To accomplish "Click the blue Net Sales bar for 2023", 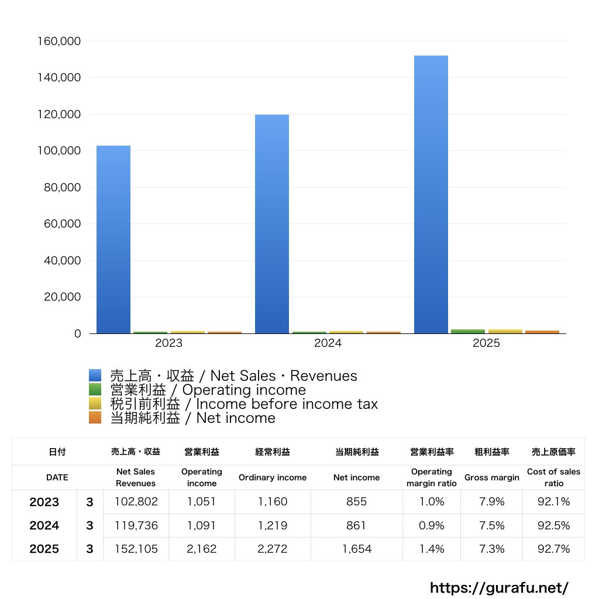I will pos(113,240).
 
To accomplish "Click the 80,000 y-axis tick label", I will pos(61,188).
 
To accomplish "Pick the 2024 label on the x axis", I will pos(328,343).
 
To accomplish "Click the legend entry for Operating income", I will pos(208,390).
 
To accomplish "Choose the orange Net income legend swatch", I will pos(95,418).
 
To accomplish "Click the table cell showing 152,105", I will pos(135,549).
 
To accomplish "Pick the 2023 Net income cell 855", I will pos(356,502).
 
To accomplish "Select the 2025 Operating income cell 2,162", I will pos(201,549).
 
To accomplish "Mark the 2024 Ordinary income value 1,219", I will pos(272,526).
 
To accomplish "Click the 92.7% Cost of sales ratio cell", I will pos(553,549).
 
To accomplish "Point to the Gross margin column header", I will pos(491,477).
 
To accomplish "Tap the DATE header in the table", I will pos(57,477).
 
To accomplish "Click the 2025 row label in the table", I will pos(44,549).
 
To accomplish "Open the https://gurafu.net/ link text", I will pos(499,587).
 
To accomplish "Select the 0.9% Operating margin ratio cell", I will pos(431,526).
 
